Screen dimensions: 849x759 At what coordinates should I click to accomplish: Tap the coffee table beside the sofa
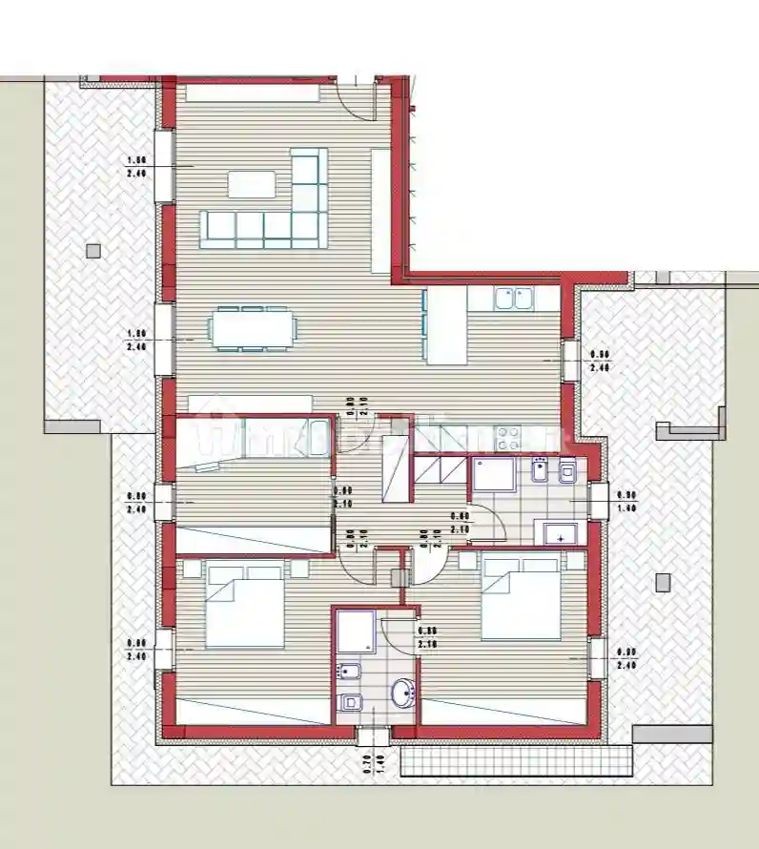252,183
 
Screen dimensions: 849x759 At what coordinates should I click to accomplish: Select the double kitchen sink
513,299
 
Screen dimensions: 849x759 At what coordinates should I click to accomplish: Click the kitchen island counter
445,326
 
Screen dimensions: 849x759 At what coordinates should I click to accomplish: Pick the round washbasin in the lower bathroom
403,692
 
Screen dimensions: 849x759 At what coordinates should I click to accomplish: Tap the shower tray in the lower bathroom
355,632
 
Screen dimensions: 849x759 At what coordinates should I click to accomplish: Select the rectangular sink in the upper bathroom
561,532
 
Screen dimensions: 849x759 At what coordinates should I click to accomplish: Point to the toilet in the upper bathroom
568,472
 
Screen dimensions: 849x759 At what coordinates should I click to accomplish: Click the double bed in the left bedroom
244,606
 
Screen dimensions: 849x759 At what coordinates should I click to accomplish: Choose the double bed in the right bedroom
520,598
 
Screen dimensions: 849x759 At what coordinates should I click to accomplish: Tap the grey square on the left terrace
92,251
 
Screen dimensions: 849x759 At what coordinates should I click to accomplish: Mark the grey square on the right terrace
664,580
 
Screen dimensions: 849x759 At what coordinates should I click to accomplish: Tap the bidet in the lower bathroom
348,673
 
